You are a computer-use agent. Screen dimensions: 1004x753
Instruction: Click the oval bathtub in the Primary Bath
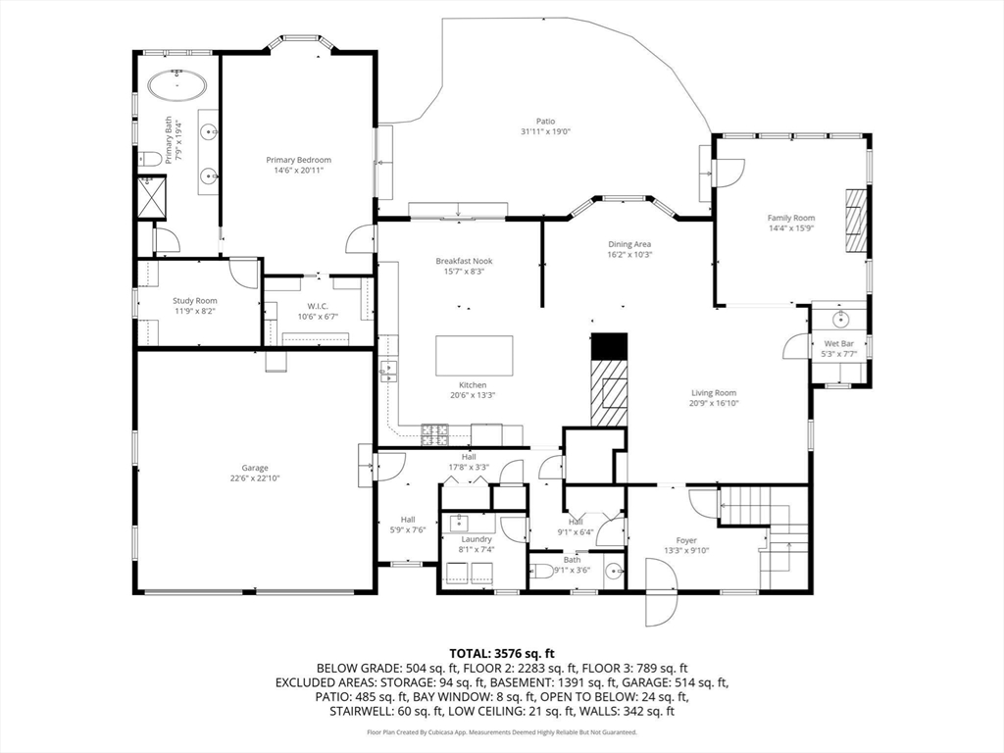tap(177, 85)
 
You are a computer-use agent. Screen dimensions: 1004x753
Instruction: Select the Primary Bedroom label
tap(298, 160)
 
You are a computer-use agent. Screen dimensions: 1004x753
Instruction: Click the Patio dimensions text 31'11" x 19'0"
tap(545, 131)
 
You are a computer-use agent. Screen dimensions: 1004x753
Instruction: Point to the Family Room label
tap(791, 218)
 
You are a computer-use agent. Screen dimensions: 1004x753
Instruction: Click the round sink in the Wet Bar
tap(840, 319)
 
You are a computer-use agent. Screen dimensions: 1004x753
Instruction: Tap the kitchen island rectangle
tap(475, 355)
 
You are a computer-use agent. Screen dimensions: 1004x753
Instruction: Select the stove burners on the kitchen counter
tap(435, 434)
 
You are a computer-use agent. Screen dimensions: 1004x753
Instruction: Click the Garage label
tap(255, 468)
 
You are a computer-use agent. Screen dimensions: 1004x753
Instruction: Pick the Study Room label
tap(195, 301)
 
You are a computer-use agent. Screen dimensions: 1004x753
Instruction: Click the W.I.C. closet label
tap(318, 306)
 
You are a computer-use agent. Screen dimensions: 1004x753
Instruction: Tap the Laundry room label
tap(477, 539)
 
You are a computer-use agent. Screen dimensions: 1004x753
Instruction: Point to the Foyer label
tap(686, 540)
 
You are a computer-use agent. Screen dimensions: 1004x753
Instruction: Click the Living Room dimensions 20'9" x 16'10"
tap(714, 403)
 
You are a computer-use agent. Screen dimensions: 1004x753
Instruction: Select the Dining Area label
tap(629, 244)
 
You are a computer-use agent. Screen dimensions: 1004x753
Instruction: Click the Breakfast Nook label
tap(464, 261)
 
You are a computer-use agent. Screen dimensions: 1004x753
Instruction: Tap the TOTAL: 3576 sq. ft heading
tap(502, 654)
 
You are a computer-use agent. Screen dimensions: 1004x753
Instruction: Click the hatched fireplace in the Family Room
tap(855, 222)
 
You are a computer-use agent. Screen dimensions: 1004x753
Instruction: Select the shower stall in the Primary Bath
tap(152, 198)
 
